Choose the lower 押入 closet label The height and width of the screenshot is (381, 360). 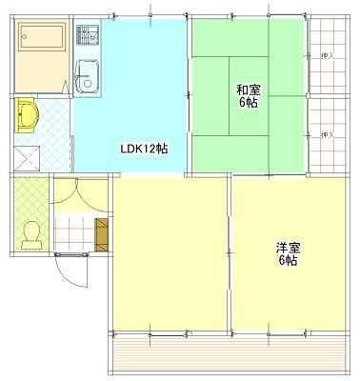328,134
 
